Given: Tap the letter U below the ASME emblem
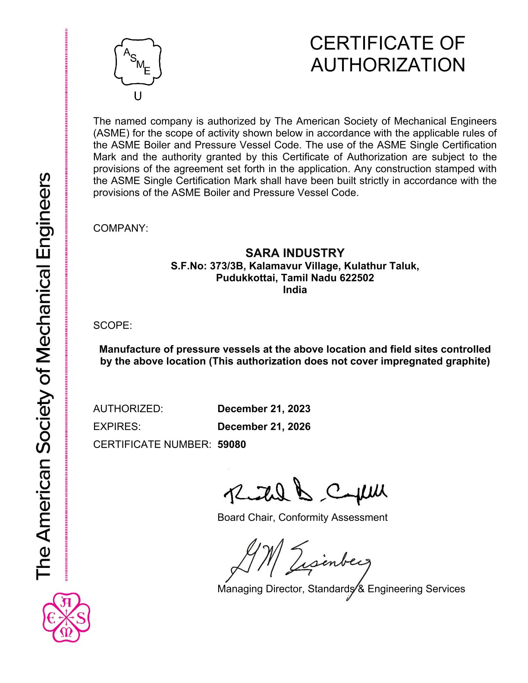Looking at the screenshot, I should click(x=138, y=96).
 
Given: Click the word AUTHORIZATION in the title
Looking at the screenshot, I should click(x=388, y=65).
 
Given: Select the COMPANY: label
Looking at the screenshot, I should click(x=120, y=228).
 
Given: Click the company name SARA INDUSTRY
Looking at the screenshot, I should click(x=295, y=253).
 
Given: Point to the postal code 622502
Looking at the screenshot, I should click(x=357, y=278).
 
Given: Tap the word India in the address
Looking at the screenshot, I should click(x=295, y=290).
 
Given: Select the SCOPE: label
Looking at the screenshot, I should click(x=113, y=325).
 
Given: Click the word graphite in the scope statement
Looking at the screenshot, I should click(x=468, y=361).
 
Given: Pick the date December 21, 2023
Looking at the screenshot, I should click(x=264, y=409).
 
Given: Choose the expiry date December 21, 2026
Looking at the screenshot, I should click(x=264, y=426).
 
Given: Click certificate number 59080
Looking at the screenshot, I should click(x=232, y=444).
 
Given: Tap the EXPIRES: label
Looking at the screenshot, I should click(x=117, y=426).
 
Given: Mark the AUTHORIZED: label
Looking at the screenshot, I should click(x=128, y=409).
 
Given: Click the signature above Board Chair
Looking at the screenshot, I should click(x=305, y=492).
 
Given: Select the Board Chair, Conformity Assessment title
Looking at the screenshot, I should click(x=302, y=517).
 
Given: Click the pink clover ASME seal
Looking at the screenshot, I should click(x=66, y=617).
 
